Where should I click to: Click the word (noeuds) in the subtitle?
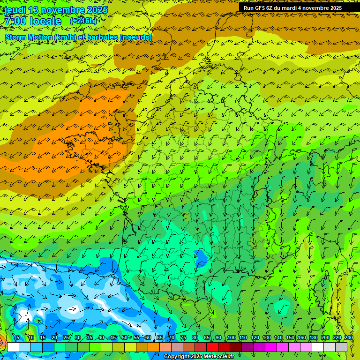click(135, 37)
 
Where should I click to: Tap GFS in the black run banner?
click(261, 8)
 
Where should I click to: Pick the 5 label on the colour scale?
click(18, 338)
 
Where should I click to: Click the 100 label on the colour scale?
click(231, 338)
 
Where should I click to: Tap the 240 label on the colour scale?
click(348, 338)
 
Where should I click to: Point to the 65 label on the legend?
click(160, 338)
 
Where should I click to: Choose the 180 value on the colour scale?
click(313, 338)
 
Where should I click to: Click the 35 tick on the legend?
click(89, 338)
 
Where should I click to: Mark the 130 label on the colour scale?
click(266, 338)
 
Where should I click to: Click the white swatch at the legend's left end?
click(13, 347)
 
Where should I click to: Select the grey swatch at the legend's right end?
click(342, 347)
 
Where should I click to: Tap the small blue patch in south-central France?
click(201, 256)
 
